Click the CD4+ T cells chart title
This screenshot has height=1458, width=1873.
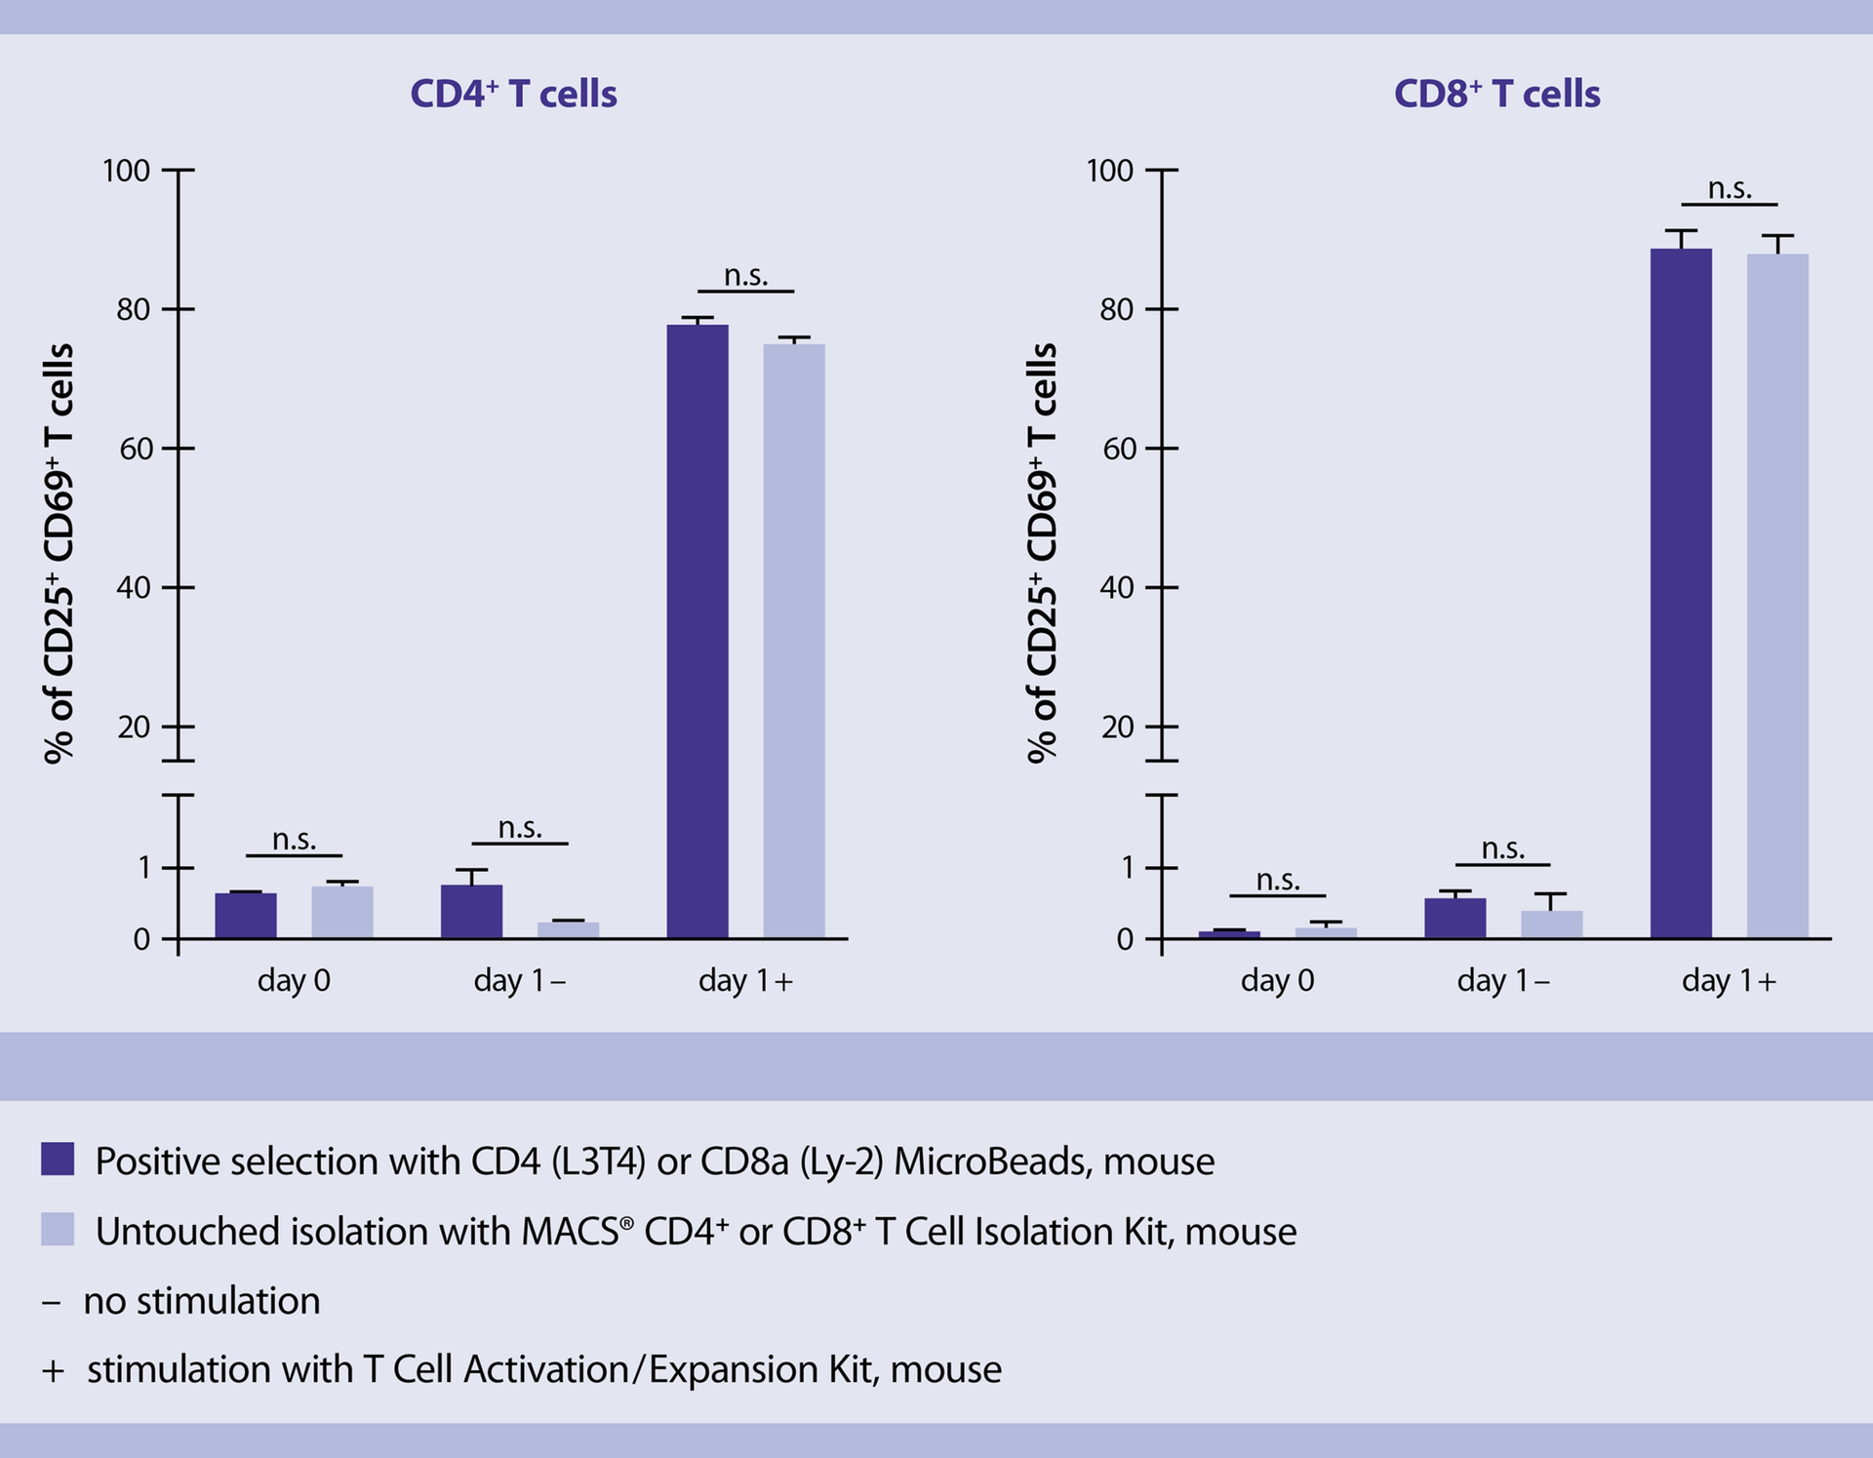[513, 94]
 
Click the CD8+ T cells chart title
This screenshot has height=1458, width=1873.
[1496, 94]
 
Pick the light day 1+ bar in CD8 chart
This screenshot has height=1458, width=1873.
[1776, 596]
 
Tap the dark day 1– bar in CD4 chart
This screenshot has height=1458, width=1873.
[471, 912]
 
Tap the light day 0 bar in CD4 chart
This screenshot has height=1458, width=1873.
[341, 913]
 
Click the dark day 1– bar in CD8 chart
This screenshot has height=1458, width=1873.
[1455, 919]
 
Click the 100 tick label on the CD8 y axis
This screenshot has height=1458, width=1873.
[1109, 171]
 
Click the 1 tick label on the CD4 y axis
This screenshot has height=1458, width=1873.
[143, 867]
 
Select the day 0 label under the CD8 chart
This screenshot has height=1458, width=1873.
[1277, 980]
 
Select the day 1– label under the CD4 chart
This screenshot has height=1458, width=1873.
[519, 980]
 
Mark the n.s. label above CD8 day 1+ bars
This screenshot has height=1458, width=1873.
[1729, 188]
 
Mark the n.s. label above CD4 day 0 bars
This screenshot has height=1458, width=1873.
[294, 840]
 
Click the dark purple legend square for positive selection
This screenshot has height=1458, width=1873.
[58, 1160]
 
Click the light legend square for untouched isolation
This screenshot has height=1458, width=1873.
[58, 1230]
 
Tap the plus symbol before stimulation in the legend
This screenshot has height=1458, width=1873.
[53, 1371]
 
